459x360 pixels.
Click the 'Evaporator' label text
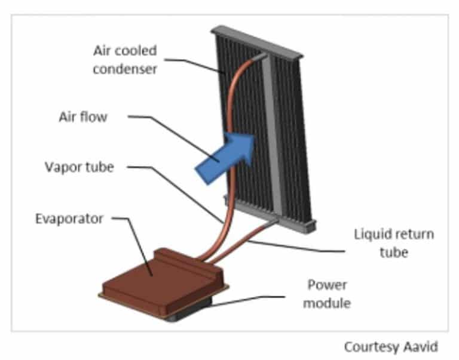pyautogui.click(x=69, y=219)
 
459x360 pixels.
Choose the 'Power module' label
pyautogui.click(x=326, y=293)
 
